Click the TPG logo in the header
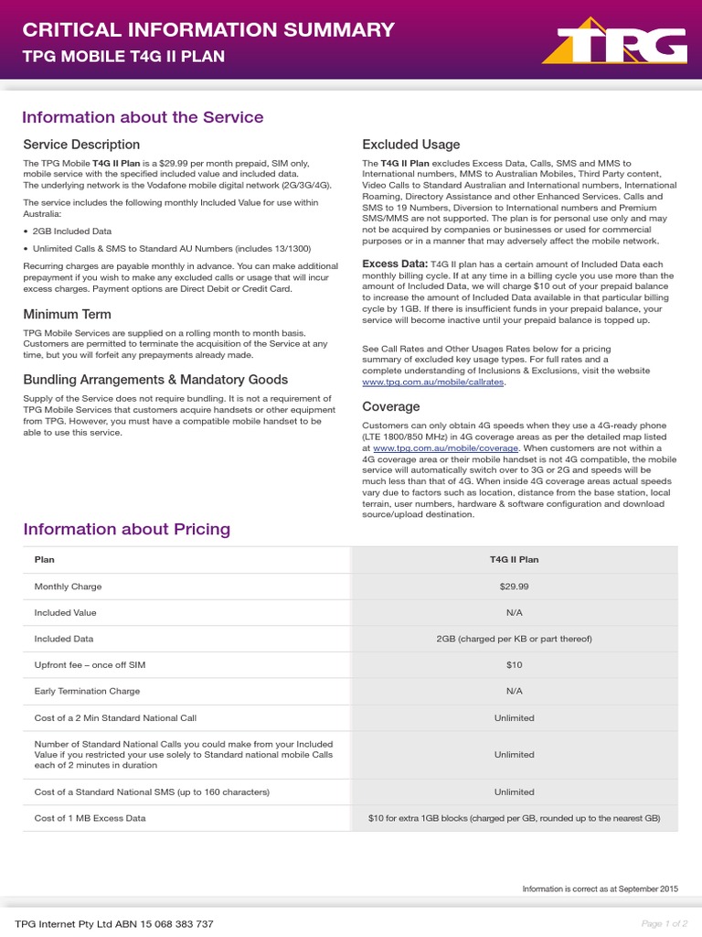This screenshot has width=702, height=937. (614, 44)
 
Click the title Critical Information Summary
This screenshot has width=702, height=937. (208, 29)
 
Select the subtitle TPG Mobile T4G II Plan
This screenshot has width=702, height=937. (123, 57)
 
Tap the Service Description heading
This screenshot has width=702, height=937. (81, 145)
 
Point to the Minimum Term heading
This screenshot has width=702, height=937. (67, 315)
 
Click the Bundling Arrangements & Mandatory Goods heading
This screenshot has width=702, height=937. (155, 380)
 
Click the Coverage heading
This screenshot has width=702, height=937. (391, 406)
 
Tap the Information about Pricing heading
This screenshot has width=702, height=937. (127, 529)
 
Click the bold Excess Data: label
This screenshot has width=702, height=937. (395, 264)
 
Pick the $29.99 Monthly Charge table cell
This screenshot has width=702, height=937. (514, 587)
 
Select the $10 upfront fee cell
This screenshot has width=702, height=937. (514, 665)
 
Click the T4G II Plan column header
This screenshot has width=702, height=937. (514, 560)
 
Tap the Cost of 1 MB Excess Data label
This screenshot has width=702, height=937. (90, 818)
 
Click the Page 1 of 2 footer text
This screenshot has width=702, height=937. (665, 924)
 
